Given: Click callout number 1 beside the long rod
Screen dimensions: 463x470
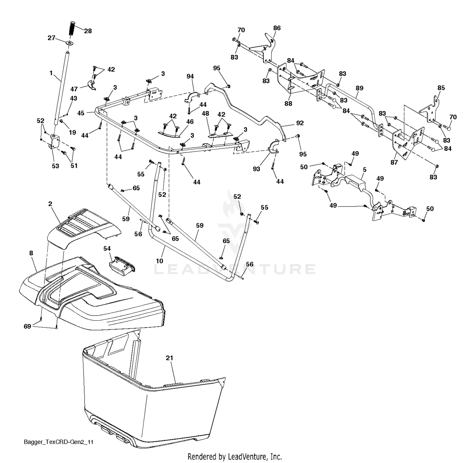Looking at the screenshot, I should click(51, 73).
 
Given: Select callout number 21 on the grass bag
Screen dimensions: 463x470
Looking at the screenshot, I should click(170, 358).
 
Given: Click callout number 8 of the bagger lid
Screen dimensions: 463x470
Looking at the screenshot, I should click(31, 253).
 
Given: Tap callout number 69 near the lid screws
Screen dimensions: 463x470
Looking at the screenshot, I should click(27, 326).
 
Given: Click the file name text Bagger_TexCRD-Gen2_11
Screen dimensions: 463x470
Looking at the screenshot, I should click(59, 442).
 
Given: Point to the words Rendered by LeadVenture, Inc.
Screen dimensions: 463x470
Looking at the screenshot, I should click(235, 456).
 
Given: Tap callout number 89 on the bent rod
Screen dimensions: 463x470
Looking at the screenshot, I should click(359, 88).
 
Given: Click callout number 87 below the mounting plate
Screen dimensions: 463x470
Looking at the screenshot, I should click(394, 162).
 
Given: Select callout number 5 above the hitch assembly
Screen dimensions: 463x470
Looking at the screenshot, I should click(364, 170).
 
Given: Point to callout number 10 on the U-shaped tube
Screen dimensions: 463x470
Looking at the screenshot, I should click(159, 261).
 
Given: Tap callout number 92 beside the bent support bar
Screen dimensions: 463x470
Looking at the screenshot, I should click(300, 123).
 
